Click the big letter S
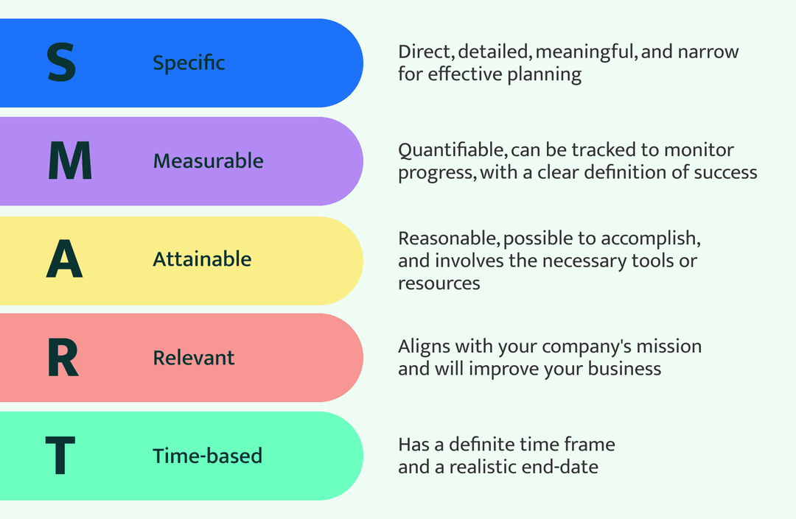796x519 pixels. tap(61, 63)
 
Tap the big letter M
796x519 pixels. tap(70, 160)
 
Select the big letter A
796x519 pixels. tap(65, 259)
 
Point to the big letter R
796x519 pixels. tap(63, 357)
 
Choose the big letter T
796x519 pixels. tap(60, 456)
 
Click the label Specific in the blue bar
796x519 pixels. tap(189, 63)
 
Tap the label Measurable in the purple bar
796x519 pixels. tap(208, 161)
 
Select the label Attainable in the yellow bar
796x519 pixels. tap(202, 259)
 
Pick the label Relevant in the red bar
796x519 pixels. tap(193, 358)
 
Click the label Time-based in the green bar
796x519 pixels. tap(207, 456)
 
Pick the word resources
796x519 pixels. tap(439, 283)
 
